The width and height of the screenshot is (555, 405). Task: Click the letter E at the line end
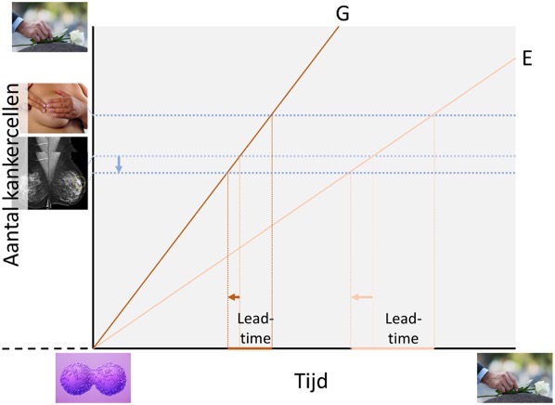click(526, 58)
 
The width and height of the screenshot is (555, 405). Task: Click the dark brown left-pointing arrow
click(233, 297)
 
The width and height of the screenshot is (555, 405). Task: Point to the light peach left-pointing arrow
click(361, 297)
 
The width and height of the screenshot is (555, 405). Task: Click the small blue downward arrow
click(119, 164)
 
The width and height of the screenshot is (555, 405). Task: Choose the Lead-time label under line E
click(402, 328)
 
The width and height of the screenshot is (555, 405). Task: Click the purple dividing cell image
click(93, 377)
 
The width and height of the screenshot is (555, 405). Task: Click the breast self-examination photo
click(58, 109)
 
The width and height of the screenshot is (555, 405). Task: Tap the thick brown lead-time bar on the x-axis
click(250, 348)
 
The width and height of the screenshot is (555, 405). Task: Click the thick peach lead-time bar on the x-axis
click(392, 348)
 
